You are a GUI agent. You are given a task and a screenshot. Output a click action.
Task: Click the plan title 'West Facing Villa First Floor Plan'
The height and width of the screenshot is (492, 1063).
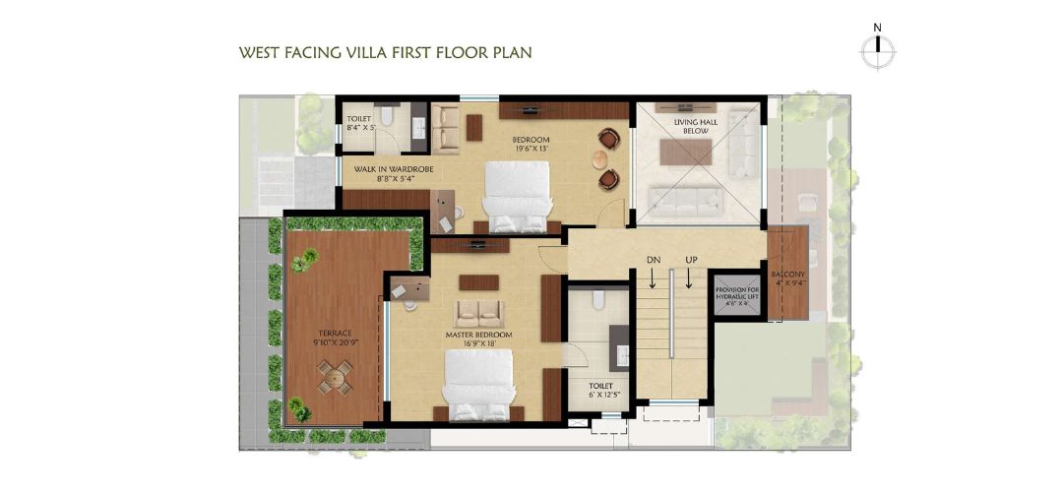pos(386,52)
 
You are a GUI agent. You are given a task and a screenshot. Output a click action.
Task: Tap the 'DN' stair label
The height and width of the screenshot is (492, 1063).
pos(652,260)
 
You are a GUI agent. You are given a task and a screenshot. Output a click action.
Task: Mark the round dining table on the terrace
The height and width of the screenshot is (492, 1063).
pos(335,376)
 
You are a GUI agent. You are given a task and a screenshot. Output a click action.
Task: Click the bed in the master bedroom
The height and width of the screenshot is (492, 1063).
pos(478,385)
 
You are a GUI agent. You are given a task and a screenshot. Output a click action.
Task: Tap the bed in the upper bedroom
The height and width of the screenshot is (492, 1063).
pos(516,193)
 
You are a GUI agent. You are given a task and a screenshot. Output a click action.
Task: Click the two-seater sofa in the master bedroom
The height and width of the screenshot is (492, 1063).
pos(478,312)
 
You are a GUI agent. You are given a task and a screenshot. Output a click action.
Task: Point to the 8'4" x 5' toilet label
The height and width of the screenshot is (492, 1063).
pos(358,122)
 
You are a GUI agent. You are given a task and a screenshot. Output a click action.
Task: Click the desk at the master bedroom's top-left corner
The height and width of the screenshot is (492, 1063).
pos(410,288)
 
